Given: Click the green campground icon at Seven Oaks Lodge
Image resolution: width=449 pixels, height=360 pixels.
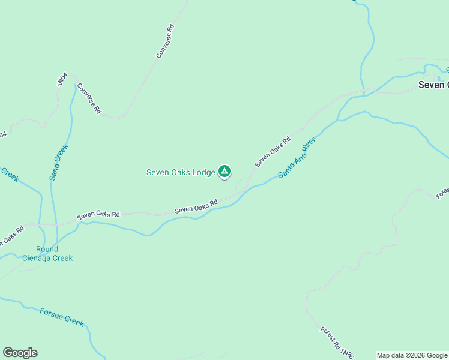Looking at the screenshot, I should pyautogui.click(x=224, y=172).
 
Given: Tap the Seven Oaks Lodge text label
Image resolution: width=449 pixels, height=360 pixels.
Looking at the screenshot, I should pyautogui.click(x=181, y=172).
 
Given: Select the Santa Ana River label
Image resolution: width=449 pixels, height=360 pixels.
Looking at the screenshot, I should pyautogui.click(x=297, y=158).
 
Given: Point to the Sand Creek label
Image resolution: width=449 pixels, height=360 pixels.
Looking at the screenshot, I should pyautogui.click(x=59, y=163).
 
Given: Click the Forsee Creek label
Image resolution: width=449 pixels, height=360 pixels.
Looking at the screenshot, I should pyautogui.click(x=62, y=317).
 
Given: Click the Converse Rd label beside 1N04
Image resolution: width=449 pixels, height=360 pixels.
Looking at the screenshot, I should pyautogui.click(x=88, y=98).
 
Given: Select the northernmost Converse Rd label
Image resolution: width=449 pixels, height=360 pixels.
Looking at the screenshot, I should pyautogui.click(x=165, y=41).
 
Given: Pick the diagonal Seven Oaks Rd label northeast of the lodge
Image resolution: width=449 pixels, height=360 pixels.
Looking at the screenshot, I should pyautogui.click(x=273, y=152).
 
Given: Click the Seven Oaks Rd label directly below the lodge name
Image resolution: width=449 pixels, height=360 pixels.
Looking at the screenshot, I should pyautogui.click(x=196, y=207).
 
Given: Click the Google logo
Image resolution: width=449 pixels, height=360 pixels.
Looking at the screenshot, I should pyautogui.click(x=20, y=353).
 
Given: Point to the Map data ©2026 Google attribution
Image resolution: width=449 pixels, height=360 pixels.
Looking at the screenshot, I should pyautogui.click(x=412, y=355).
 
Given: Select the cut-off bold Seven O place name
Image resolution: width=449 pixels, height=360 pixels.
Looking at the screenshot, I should pyautogui.click(x=433, y=85).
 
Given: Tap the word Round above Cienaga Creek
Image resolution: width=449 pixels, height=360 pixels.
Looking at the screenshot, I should pyautogui.click(x=47, y=249).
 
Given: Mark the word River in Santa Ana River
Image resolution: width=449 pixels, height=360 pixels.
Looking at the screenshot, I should pyautogui.click(x=309, y=146).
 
